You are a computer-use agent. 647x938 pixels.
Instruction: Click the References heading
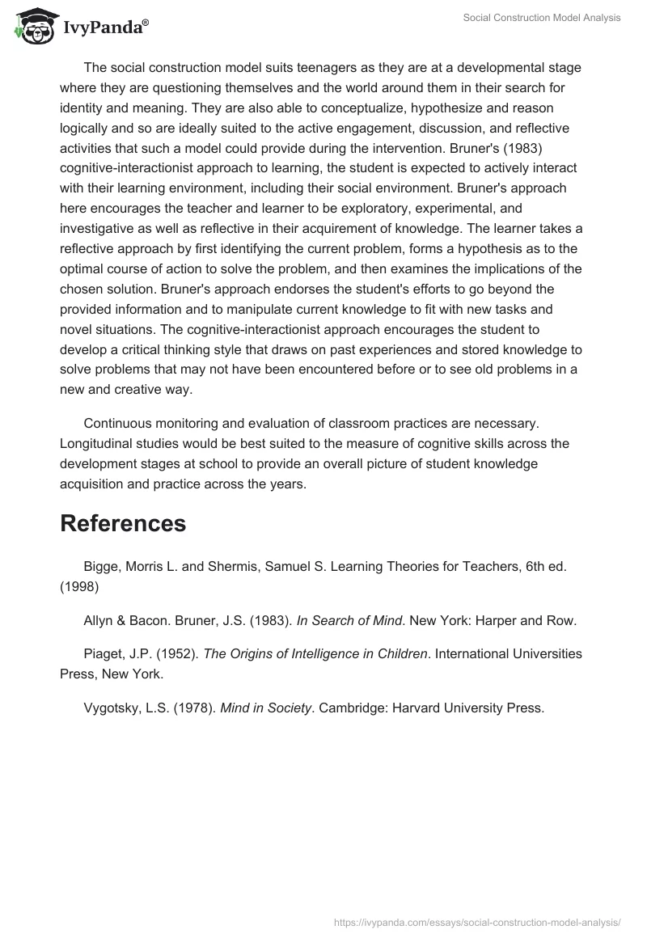(123, 523)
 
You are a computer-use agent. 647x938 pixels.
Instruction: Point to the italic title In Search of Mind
(349, 621)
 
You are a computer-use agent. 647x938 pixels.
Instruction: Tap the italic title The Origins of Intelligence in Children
(315, 654)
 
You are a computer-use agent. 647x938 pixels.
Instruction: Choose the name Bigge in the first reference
(101, 567)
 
